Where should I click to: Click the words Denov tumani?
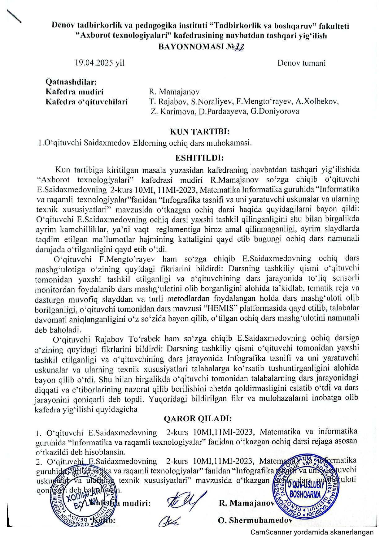coord(301,63)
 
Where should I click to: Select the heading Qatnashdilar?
coord(71,82)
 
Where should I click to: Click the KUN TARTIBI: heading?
coord(200,132)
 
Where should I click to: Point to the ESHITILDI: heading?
coord(199,158)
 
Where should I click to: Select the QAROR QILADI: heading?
coord(198,419)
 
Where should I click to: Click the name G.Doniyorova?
coord(275,111)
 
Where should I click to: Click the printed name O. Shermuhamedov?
coord(255,520)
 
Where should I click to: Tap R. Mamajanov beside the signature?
coord(247,503)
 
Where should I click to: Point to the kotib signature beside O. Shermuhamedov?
coord(168,521)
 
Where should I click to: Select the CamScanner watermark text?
coord(312,532)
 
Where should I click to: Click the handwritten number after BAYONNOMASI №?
coord(239,47)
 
